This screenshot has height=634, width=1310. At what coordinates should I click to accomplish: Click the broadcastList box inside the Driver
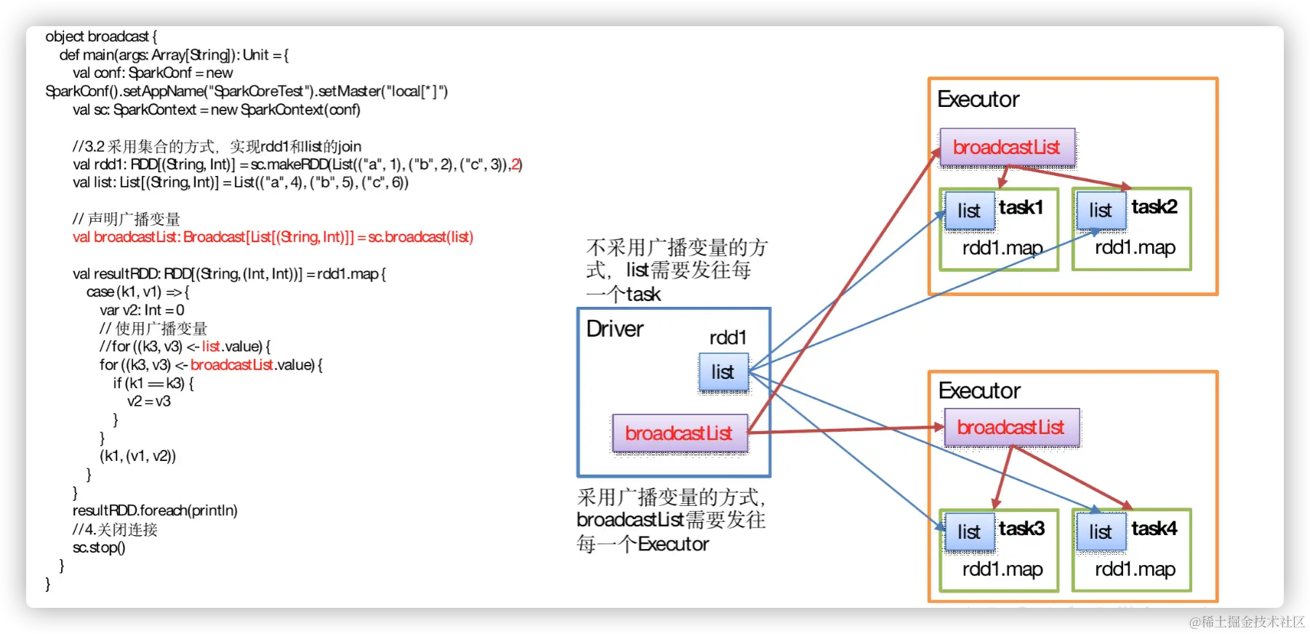(680, 433)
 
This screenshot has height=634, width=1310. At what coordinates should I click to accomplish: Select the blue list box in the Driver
(723, 372)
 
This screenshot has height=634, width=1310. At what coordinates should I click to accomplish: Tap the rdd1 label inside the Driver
(728, 337)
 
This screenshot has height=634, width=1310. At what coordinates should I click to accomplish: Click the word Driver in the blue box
(615, 329)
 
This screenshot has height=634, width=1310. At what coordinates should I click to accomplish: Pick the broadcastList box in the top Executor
(1007, 148)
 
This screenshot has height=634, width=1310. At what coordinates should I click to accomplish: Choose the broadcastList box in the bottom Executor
(1011, 428)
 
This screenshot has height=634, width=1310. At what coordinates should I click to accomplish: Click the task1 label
(1021, 207)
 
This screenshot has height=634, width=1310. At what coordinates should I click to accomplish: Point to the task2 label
(1154, 207)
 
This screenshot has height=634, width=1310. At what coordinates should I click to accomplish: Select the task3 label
(1021, 529)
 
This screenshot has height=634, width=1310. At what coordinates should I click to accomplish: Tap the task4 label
(1154, 529)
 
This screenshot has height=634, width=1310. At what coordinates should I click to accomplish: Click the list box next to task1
(969, 211)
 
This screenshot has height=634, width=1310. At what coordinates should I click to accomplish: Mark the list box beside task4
(1101, 532)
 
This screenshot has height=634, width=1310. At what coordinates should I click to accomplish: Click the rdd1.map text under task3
(1002, 569)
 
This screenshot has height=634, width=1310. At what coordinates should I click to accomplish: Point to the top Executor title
(979, 100)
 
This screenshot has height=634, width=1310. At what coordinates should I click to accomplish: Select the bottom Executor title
(980, 391)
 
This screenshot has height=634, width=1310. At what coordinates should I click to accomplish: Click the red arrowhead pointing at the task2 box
(1125, 187)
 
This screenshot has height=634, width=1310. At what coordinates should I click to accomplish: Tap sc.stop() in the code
(99, 547)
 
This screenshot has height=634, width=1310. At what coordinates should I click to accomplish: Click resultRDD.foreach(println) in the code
(155, 510)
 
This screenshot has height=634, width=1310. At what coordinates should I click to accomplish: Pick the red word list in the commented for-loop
(211, 346)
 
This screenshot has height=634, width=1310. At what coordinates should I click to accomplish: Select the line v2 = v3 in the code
(149, 401)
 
